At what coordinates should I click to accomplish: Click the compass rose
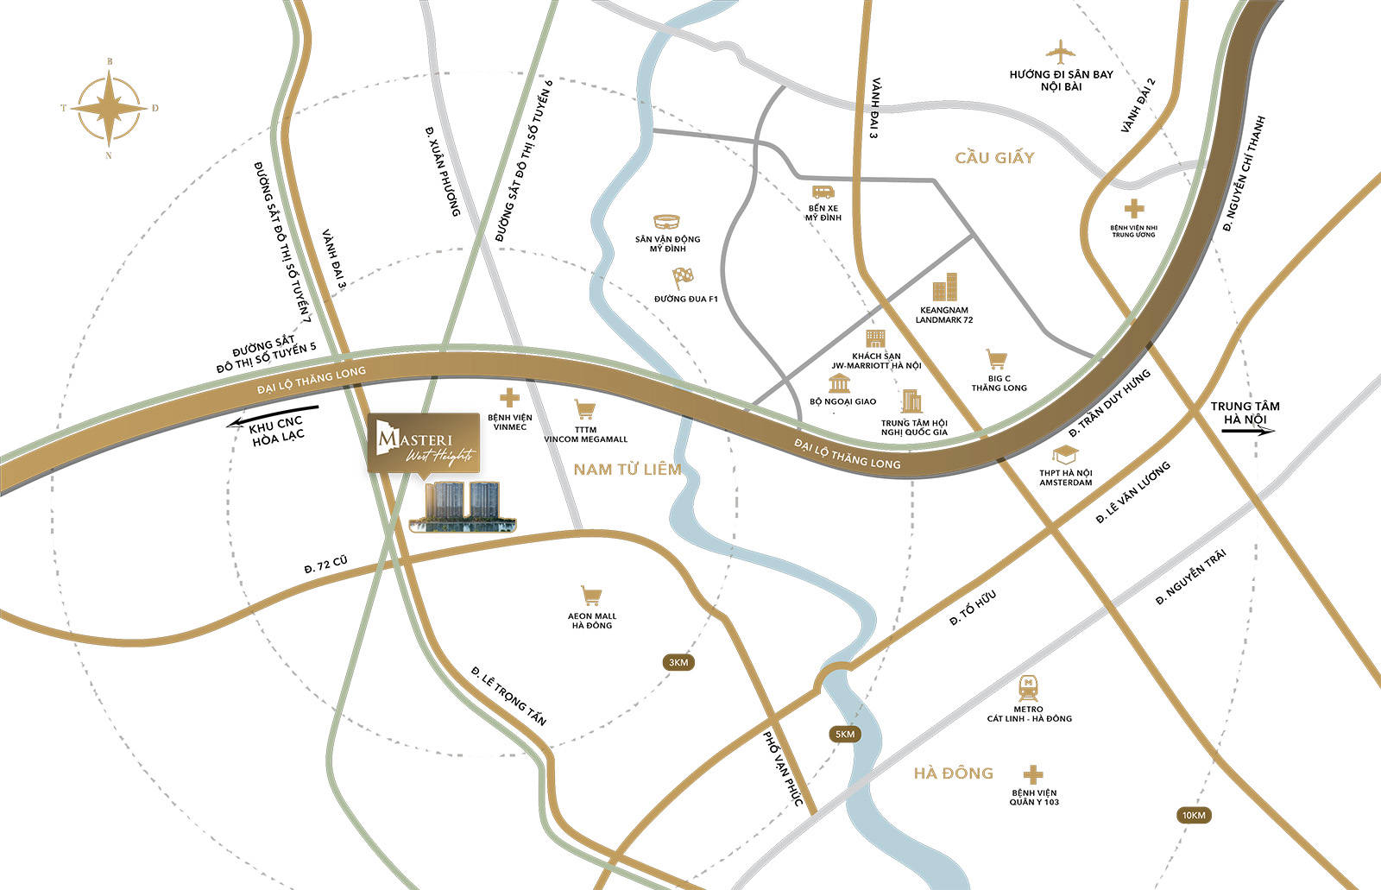click(x=109, y=109)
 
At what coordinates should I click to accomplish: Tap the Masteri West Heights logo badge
click(x=423, y=443)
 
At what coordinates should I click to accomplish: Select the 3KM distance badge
click(x=678, y=662)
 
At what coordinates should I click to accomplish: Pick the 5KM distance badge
click(x=844, y=734)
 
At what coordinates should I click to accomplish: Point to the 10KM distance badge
click(x=1194, y=815)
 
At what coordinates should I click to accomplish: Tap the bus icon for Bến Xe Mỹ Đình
click(x=823, y=192)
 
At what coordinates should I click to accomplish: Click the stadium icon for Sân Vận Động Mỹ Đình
click(x=667, y=222)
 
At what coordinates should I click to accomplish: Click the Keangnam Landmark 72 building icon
click(x=945, y=287)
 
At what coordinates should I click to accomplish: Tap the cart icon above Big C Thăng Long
click(x=998, y=360)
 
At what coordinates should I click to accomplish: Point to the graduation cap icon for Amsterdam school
click(x=1064, y=455)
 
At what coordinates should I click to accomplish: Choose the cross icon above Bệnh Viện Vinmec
click(x=509, y=398)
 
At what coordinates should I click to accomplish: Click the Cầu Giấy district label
click(x=994, y=158)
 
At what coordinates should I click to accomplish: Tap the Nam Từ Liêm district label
click(x=627, y=470)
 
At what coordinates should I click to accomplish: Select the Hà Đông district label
click(x=954, y=773)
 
